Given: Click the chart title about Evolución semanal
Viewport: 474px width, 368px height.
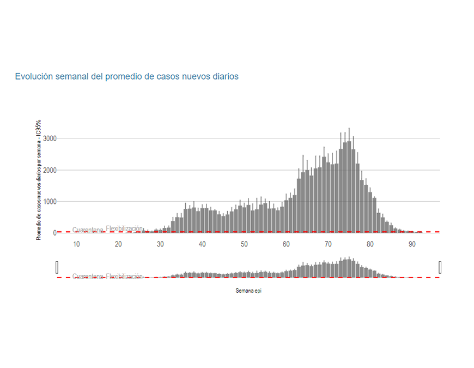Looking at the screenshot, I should tap(126, 76).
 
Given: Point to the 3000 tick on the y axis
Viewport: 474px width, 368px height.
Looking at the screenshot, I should tap(50, 138).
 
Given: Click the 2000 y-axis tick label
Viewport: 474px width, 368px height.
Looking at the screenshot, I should tap(50, 170).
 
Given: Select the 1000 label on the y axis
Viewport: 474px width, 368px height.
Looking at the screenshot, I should tap(50, 202).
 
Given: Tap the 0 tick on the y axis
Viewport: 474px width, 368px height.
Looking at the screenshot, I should tap(54, 233).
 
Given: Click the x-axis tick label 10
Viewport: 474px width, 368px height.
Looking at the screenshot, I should tap(76, 244).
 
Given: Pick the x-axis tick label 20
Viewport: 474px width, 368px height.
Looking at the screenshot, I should tap(118, 244).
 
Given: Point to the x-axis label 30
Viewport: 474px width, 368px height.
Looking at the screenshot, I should tap(160, 244).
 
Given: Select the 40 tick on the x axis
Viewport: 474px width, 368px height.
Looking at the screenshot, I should tap(202, 244).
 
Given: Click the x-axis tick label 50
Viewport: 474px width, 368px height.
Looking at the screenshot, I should tap(244, 244).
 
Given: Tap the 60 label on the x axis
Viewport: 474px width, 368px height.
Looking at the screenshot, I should tap(286, 244).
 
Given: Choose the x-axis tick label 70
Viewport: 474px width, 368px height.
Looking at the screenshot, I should tap(328, 244).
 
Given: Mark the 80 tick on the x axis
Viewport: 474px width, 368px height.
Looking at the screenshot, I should tap(370, 244).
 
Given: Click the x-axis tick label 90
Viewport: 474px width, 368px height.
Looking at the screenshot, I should tap(412, 244).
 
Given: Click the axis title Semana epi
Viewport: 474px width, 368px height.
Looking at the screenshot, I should tap(248, 291).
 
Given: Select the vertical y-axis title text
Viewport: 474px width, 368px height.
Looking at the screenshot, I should tap(39, 180).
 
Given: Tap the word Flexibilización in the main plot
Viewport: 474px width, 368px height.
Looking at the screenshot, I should tap(124, 228).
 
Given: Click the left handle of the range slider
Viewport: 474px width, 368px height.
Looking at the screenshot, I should tap(57, 267).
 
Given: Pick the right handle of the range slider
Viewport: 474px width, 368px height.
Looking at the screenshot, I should tap(440, 267).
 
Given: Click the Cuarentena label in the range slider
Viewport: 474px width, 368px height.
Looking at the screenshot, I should tap(87, 276).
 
